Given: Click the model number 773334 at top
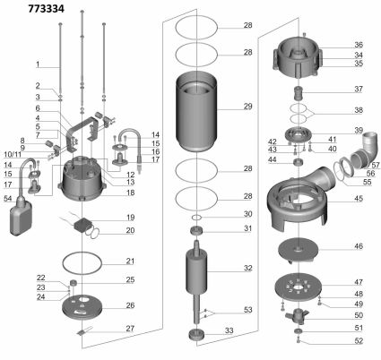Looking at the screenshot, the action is click(46, 9).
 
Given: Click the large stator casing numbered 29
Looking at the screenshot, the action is click(196, 111).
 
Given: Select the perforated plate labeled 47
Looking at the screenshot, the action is click(299, 287).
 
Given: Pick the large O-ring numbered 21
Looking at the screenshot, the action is click(82, 264).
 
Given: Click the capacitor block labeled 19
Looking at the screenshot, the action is click(83, 225).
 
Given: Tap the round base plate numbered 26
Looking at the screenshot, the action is click(82, 307).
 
